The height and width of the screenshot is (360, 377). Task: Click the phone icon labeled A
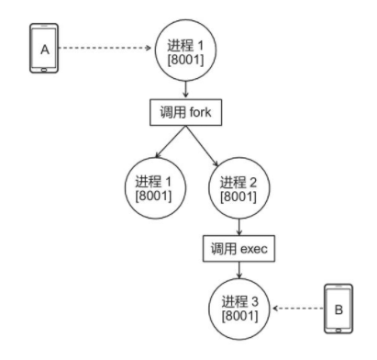point(43,51)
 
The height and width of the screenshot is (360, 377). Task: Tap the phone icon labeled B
point(338,309)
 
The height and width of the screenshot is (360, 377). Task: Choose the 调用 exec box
point(238,248)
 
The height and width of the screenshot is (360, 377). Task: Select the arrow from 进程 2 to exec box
point(238,226)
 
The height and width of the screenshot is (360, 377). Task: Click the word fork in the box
point(203,114)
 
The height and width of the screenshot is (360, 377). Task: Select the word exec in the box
point(253,248)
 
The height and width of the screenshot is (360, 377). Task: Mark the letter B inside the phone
point(338,309)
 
